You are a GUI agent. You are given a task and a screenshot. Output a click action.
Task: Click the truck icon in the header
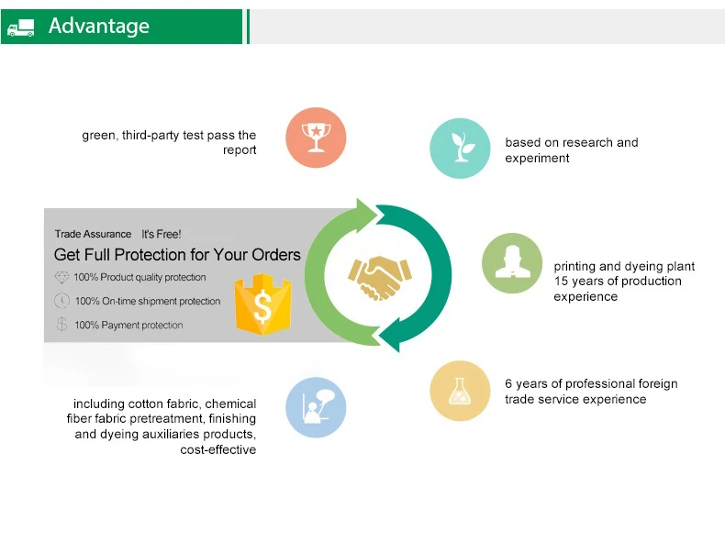point(20,28)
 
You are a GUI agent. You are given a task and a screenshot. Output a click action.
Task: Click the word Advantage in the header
point(99,26)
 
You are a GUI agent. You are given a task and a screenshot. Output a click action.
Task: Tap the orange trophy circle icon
point(316,138)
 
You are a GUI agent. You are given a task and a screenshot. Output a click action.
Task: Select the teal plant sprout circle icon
point(460,149)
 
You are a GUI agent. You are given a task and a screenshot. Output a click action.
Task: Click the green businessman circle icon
point(512,263)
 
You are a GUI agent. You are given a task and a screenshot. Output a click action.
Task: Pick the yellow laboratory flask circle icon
point(460,391)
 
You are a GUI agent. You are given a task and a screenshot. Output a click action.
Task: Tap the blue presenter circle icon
point(316,406)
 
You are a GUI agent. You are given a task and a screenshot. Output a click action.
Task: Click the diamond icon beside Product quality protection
point(61,277)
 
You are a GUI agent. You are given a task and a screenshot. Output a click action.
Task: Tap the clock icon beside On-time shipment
point(61,301)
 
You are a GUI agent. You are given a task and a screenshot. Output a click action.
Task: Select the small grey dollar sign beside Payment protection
point(61,325)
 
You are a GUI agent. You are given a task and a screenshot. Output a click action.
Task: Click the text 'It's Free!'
point(162,235)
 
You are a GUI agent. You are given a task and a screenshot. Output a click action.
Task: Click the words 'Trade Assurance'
point(93,235)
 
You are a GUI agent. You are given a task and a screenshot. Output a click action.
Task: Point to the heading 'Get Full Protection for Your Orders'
point(177,254)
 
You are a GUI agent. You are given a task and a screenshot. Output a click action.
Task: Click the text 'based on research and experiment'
point(571,150)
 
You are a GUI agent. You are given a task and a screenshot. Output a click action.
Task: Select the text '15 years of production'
point(618,282)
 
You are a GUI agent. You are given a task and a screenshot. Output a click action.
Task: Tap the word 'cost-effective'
point(217,450)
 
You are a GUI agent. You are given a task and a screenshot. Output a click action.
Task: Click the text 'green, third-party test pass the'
point(169,136)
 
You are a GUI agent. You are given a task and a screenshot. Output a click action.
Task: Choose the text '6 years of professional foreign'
point(591,383)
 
